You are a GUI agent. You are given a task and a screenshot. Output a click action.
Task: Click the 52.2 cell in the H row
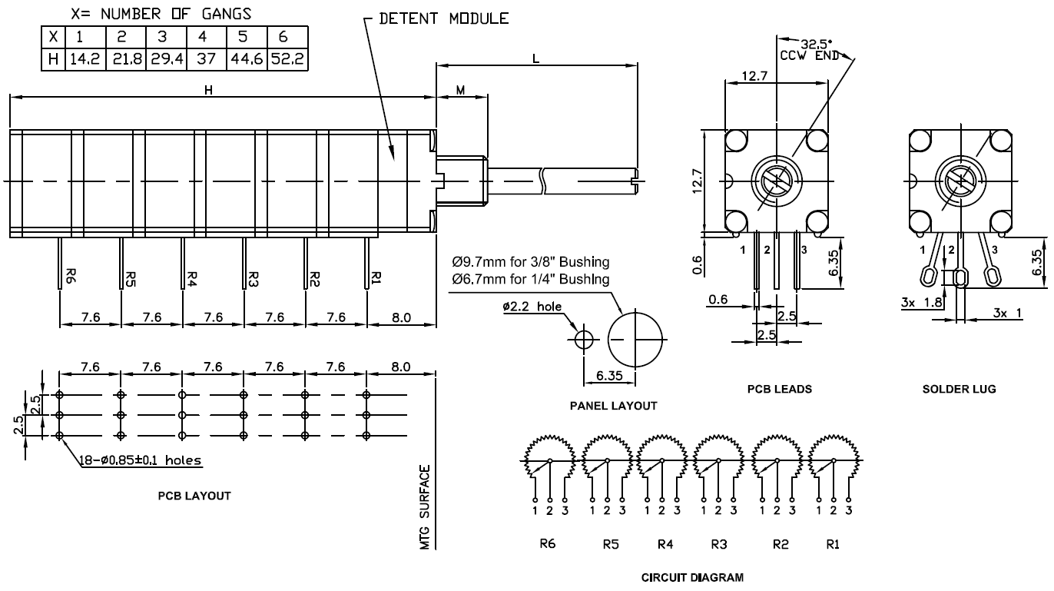[x=288, y=58]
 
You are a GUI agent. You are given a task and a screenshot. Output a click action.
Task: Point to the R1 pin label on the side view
[x=376, y=276]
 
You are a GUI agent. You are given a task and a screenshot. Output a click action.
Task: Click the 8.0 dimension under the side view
[x=401, y=317]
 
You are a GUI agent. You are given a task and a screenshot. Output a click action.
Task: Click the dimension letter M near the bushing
[x=461, y=90]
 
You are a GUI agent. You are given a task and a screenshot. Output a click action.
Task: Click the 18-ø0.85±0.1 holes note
[x=140, y=461]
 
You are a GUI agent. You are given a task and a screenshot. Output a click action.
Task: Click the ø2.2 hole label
[x=532, y=307]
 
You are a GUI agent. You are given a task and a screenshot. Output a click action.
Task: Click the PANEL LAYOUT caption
[x=613, y=405]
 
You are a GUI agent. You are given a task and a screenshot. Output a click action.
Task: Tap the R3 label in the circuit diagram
[x=718, y=544]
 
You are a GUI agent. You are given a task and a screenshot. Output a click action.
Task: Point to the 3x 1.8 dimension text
[x=921, y=304]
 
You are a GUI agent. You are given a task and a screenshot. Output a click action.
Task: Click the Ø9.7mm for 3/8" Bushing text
[x=531, y=261]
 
